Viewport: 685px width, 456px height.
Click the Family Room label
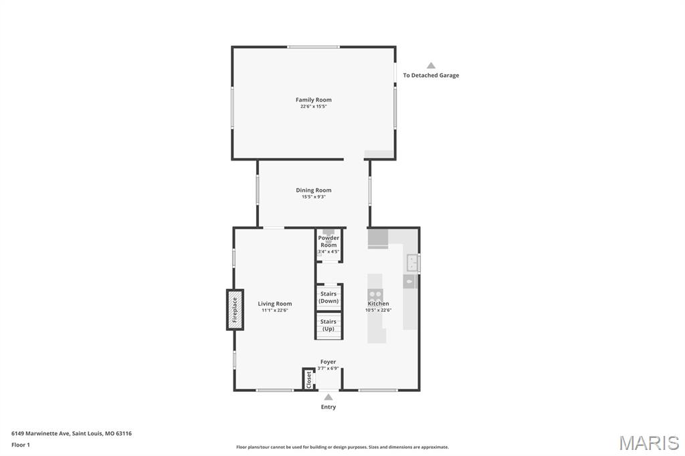[x=313, y=100]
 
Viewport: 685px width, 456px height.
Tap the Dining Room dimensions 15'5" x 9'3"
[x=313, y=197]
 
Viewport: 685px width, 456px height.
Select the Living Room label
[x=274, y=304]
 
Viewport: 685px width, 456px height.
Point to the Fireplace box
[x=235, y=310]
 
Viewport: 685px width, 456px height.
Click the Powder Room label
[x=328, y=241]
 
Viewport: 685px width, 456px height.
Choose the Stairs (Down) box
[x=328, y=297]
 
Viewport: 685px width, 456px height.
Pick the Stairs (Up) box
[x=328, y=326]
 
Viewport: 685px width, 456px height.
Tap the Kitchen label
[x=379, y=304]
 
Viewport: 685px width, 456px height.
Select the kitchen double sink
[x=413, y=263]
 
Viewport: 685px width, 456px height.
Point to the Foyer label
[x=328, y=362]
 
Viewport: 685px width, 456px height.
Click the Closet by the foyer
[x=309, y=379]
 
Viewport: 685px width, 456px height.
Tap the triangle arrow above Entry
[x=328, y=397]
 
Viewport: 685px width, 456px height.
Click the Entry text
[x=328, y=407]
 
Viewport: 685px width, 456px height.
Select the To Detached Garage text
[x=431, y=75]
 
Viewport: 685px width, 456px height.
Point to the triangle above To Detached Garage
[x=431, y=66]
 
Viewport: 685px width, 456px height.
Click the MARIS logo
[x=649, y=443]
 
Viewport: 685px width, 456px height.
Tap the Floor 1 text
[x=21, y=445]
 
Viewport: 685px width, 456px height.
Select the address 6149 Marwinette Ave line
[x=71, y=434]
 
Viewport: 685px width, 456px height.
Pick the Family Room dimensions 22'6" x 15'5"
[x=313, y=106]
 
